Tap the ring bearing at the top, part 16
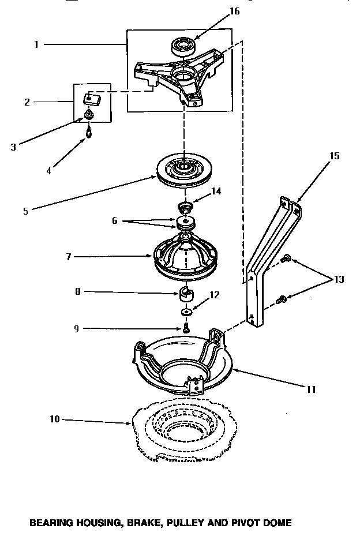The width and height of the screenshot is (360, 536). [x=183, y=46]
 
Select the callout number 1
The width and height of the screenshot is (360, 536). [x=36, y=44]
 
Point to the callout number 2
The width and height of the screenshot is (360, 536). [x=27, y=102]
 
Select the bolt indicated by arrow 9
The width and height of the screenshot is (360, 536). [x=186, y=328]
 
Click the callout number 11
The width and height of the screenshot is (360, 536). [x=311, y=389]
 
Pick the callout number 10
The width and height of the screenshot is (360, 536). [x=53, y=419]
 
